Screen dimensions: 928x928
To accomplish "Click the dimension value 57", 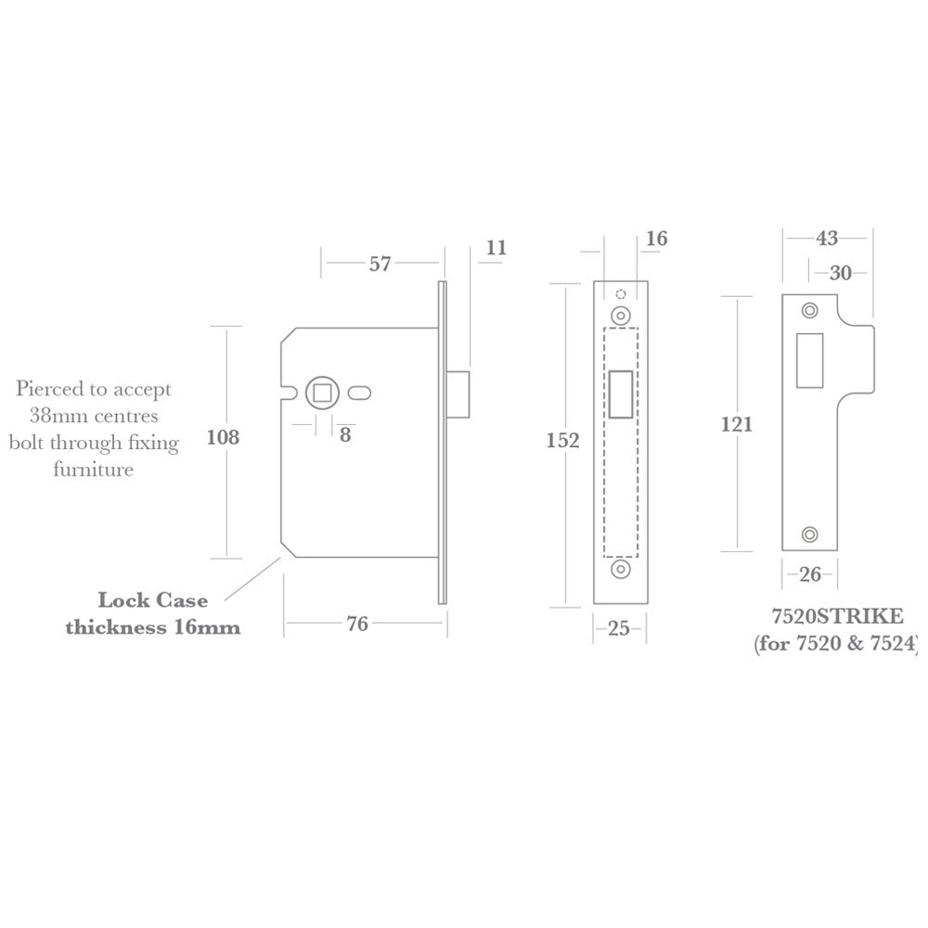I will [x=380, y=264].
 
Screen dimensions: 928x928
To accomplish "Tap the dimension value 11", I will [x=496, y=248].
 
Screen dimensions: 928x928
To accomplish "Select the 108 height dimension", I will [x=223, y=437].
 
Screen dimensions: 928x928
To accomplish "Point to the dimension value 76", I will [x=357, y=625].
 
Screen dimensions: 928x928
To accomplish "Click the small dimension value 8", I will [x=345, y=434].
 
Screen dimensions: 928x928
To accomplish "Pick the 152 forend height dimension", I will [x=562, y=441].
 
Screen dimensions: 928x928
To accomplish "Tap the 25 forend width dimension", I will [x=619, y=628].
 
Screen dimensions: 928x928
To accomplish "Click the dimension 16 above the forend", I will [x=656, y=238].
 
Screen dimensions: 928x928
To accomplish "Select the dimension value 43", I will [x=827, y=238].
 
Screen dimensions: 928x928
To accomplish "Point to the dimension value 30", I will [x=841, y=273].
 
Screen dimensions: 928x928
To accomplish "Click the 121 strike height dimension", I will [x=736, y=425].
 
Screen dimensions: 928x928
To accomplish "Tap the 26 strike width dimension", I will [x=810, y=574].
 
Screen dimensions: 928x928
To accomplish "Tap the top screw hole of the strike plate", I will [x=810, y=311].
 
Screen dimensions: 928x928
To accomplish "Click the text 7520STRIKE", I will [x=837, y=616].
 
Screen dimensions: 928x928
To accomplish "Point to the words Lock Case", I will [x=153, y=600].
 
